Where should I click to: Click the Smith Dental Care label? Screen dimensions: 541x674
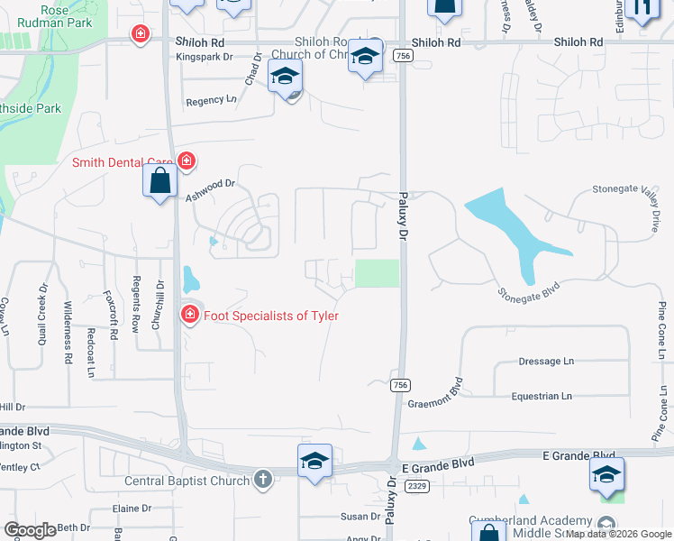click(123, 163)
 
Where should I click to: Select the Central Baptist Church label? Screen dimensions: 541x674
click(187, 481)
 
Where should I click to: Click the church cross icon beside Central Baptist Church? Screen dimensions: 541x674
click(262, 479)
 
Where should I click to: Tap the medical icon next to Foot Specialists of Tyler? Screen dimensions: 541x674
click(189, 315)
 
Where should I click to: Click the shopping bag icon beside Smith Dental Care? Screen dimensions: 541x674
click(159, 181)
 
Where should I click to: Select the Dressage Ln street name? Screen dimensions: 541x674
click(546, 362)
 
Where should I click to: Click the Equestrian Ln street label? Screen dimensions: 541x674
click(542, 396)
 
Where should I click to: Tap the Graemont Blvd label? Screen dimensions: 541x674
click(447, 394)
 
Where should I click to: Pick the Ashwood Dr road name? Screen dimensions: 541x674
click(210, 189)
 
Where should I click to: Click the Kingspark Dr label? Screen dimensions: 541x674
click(205, 57)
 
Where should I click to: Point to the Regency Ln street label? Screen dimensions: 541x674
click(210, 102)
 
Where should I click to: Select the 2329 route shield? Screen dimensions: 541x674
click(415, 486)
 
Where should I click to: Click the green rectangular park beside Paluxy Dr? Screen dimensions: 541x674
click(377, 273)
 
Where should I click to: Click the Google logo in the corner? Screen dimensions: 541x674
click(30, 530)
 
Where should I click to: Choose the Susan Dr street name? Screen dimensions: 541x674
click(360, 517)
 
